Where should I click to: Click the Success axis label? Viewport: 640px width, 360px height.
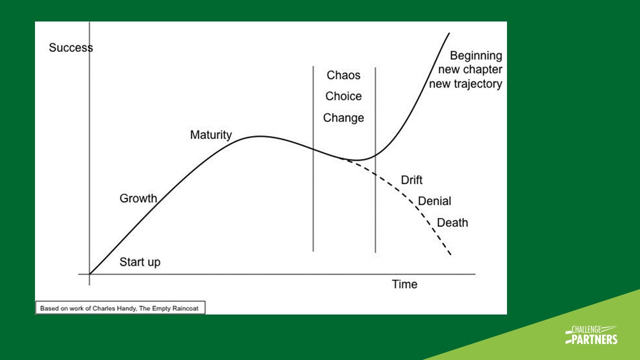click(x=70, y=48)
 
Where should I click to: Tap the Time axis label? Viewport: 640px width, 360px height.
click(x=404, y=284)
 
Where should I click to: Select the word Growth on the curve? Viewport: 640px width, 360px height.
click(x=138, y=198)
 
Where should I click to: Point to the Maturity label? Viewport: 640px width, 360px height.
click(x=211, y=135)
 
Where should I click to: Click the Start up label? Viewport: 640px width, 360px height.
click(x=140, y=262)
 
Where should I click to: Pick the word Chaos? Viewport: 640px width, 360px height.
click(x=343, y=75)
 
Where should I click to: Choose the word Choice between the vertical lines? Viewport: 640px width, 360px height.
click(x=343, y=96)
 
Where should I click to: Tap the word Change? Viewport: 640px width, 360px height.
click(x=343, y=118)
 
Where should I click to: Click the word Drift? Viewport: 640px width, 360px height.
click(x=412, y=180)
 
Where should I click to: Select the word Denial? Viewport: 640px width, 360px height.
click(x=434, y=201)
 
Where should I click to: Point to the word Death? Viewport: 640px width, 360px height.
click(x=452, y=222)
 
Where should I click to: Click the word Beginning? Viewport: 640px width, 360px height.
click(x=476, y=55)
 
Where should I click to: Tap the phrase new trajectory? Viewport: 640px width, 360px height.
click(x=465, y=83)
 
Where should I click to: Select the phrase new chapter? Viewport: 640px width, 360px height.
click(x=470, y=69)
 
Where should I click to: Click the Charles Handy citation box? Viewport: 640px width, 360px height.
click(x=120, y=308)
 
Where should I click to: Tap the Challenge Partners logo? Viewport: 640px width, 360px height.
click(x=591, y=334)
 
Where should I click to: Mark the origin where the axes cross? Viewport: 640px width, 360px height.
click(x=89, y=274)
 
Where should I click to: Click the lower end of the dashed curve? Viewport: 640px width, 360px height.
click(x=450, y=255)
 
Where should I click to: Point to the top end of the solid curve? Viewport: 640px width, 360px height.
click(x=449, y=33)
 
